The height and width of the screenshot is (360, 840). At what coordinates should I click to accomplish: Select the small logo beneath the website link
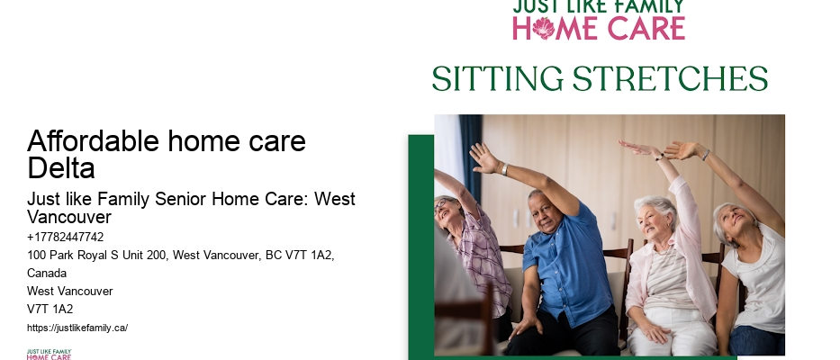pyautogui.click(x=49, y=354)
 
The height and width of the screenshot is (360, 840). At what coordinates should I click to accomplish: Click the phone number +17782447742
pyautogui.click(x=66, y=238)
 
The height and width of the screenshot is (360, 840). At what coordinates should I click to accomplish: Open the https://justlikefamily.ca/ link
pyautogui.click(x=77, y=328)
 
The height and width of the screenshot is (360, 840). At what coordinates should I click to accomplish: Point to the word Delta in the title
pyautogui.click(x=61, y=168)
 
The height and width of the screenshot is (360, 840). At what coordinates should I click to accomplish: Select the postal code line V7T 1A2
pyautogui.click(x=50, y=310)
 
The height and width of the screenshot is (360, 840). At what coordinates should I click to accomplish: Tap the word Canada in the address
pyautogui.click(x=48, y=274)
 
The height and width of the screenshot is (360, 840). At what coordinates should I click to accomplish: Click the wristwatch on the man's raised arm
pyautogui.click(x=504, y=168)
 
